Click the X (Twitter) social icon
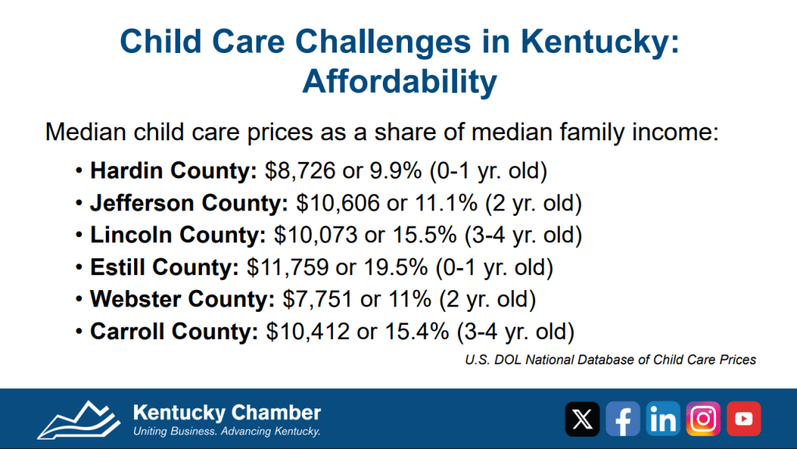pyautogui.click(x=582, y=419)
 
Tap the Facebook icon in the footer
pyautogui.click(x=622, y=419)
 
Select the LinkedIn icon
pyautogui.click(x=663, y=419)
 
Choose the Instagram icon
pyautogui.click(x=703, y=419)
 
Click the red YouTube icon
pyautogui.click(x=744, y=419)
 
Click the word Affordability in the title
pyautogui.click(x=398, y=80)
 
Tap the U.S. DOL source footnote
pyautogui.click(x=611, y=359)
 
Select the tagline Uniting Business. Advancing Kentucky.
pyautogui.click(x=227, y=431)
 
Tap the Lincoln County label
pyautogui.click(x=174, y=235)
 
